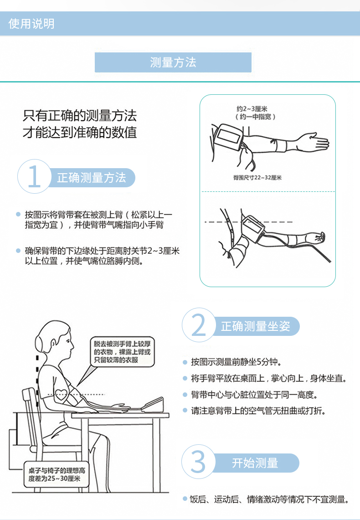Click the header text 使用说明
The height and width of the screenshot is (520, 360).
pos(31,24)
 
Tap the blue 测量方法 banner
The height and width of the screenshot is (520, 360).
pos(173,62)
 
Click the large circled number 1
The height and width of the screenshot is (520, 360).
pos(35,176)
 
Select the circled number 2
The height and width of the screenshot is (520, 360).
pos(199,325)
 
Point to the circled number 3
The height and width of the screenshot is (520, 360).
pos(199,462)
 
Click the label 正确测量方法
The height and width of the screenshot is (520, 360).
pos(92,178)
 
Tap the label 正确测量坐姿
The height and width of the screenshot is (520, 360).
pos(255,326)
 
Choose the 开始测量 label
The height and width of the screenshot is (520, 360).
pos(255,463)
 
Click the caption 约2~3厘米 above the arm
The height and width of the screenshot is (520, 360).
pos(252,109)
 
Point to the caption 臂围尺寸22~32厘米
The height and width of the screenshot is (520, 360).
pos(257,178)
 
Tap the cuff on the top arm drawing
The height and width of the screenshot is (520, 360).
pos(229,137)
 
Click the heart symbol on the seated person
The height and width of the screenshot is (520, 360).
pos(62,395)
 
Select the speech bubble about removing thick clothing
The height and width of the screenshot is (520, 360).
pos(122,352)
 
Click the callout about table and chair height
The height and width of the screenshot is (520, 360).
pos(57,474)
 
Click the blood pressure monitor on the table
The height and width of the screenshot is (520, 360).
pos(153,405)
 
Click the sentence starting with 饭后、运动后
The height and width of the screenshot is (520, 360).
pos(269,499)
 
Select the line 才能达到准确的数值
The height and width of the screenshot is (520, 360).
pos(80,132)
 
